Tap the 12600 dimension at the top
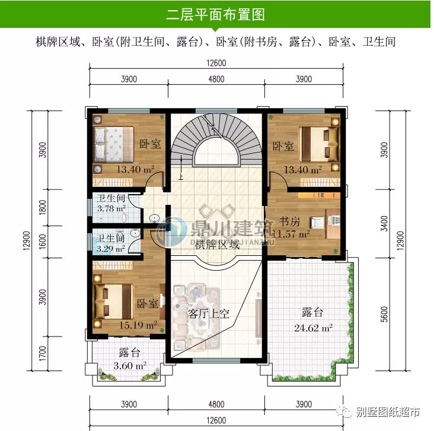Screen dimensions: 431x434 [216, 64]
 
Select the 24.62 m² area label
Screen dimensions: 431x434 [313, 327]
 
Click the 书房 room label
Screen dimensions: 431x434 [290, 222]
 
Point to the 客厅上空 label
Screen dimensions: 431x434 [208, 313]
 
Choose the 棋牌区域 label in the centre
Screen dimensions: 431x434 [219, 244]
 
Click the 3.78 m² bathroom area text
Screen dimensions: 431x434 [111, 208]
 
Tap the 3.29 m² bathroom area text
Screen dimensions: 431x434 [111, 249]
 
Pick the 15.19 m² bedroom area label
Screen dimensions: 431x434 [136, 325]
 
